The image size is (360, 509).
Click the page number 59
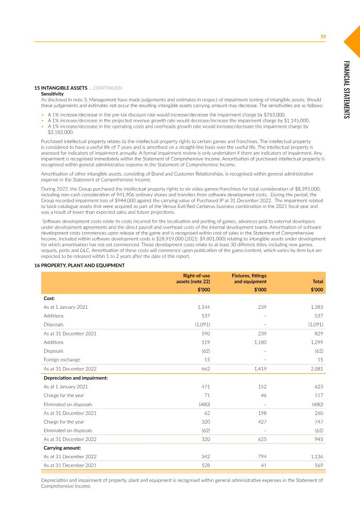point(323,36)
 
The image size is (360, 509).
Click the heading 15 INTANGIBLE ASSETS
point(61,88)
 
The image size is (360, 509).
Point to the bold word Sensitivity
point(52,93)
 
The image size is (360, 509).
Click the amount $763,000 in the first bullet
point(274,115)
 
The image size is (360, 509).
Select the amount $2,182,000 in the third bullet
point(60,132)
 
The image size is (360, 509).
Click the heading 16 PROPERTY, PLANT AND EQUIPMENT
point(79,266)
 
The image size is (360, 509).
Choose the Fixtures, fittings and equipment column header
point(249,278)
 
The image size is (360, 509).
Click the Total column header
point(317,282)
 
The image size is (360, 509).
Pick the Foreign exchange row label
point(62,360)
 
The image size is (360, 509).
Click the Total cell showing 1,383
point(316,307)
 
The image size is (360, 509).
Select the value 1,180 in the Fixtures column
point(260,342)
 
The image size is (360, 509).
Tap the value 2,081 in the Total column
point(316,369)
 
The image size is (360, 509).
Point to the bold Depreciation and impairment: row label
point(75,378)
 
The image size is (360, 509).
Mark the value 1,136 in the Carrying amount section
point(316,457)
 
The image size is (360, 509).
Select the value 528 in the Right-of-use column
point(205,465)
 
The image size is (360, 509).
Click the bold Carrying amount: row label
point(62,448)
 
